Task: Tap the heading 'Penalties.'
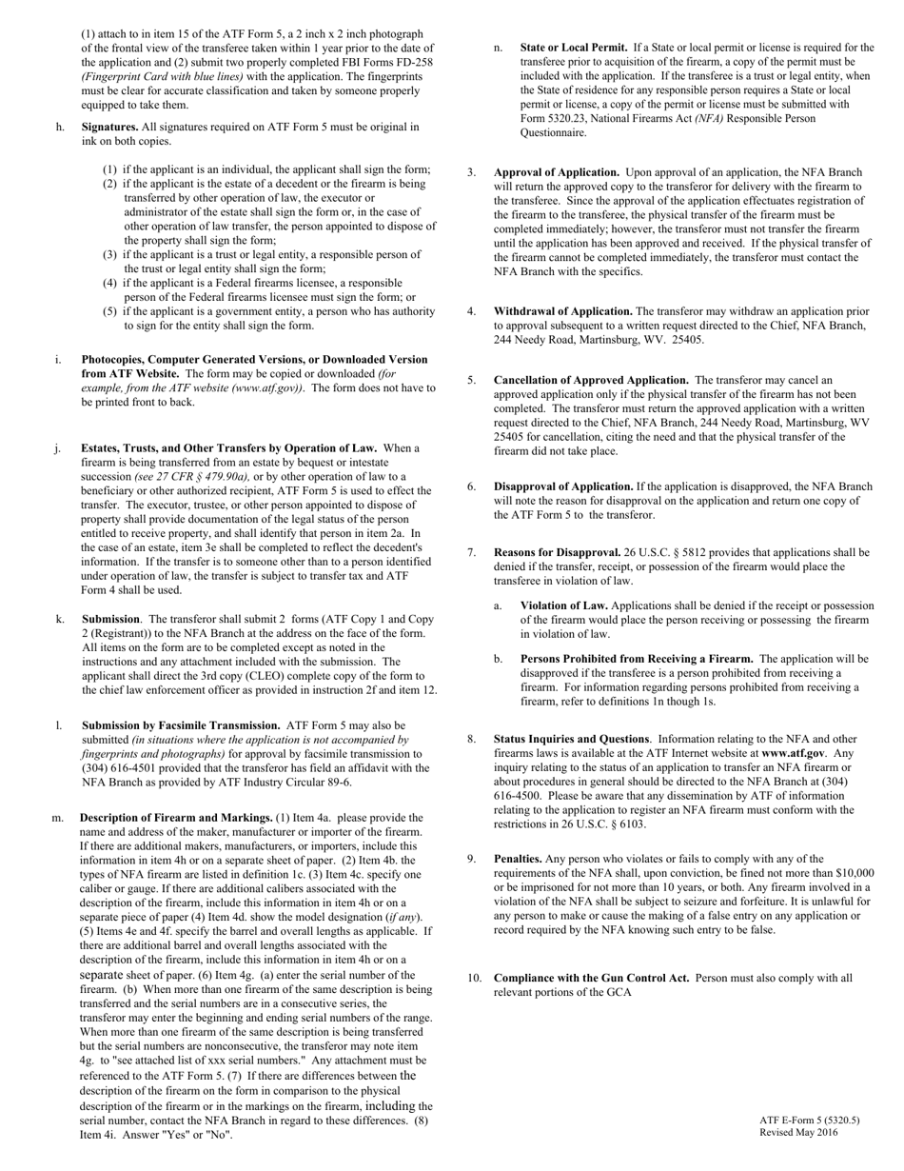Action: point(518,859)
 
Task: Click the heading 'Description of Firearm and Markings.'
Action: point(176,818)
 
